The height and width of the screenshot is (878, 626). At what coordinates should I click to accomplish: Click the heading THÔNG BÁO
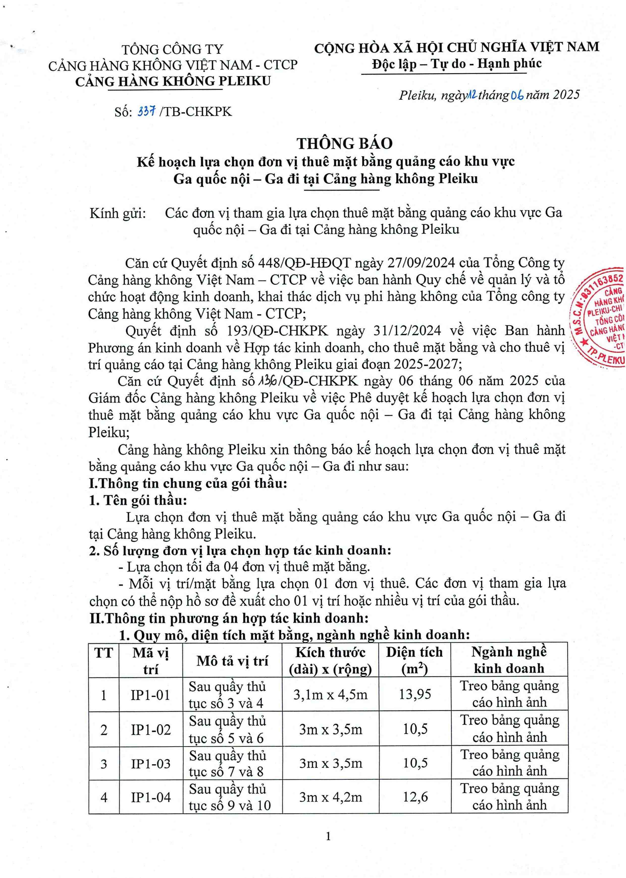coord(344,144)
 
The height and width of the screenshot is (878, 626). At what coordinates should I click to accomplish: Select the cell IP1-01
coord(150,695)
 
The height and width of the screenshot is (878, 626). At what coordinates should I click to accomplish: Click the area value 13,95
coord(415,694)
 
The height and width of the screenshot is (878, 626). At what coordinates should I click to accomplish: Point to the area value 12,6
coord(415,797)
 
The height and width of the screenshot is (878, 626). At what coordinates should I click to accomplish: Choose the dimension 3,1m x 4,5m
coord(330,695)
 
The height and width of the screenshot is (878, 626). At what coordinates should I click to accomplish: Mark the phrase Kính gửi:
coord(118,213)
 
